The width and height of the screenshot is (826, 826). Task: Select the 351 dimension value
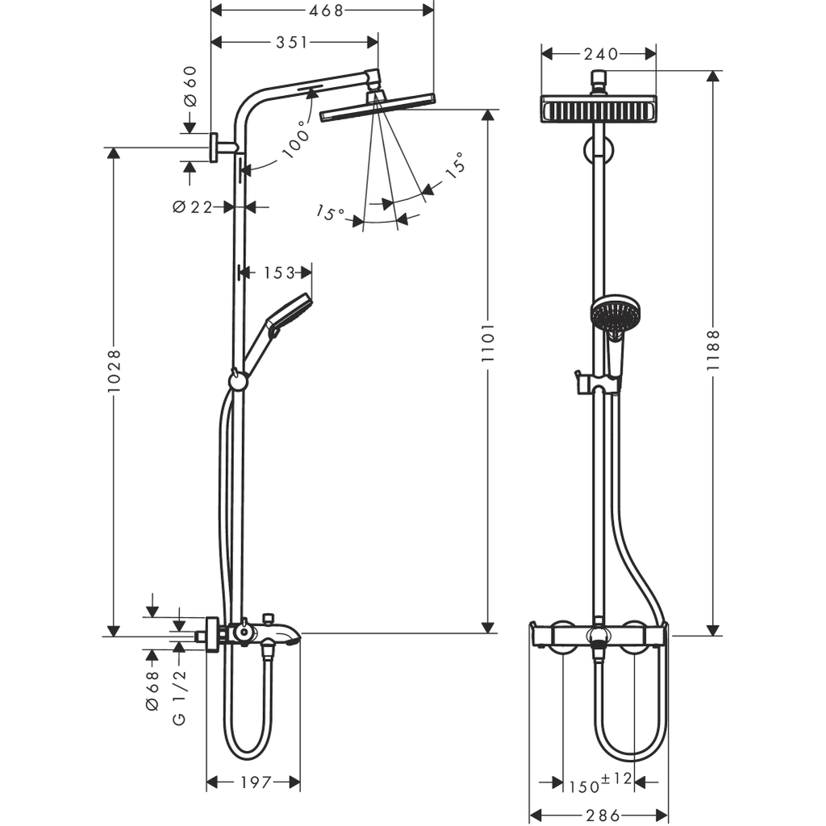(x=291, y=43)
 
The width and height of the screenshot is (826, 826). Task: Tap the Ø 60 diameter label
(x=190, y=86)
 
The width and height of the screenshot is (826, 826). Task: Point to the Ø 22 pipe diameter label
(x=192, y=207)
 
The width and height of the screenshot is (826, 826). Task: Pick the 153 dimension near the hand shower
(x=278, y=273)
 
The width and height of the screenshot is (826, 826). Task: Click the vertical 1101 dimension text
(x=487, y=343)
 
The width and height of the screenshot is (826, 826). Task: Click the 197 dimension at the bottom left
(x=254, y=782)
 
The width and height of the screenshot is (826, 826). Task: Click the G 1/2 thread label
(x=179, y=696)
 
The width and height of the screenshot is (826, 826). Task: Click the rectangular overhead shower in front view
(x=599, y=109)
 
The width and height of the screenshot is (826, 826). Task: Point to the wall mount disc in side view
(x=215, y=147)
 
